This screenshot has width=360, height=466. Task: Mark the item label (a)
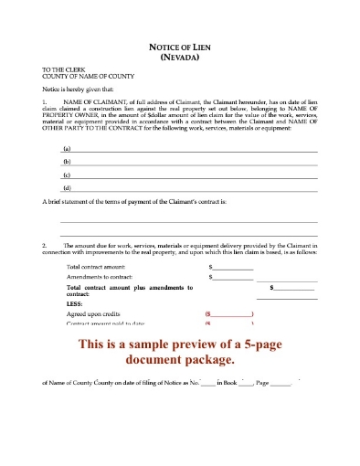click(x=66, y=148)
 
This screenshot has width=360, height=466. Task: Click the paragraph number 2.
click(x=45, y=245)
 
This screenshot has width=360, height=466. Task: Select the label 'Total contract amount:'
click(x=96, y=267)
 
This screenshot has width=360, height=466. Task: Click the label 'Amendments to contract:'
click(x=99, y=276)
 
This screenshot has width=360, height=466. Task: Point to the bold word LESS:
click(x=76, y=306)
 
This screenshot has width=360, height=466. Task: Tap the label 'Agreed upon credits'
click(x=94, y=314)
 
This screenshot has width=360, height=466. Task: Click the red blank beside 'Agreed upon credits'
click(x=229, y=314)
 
